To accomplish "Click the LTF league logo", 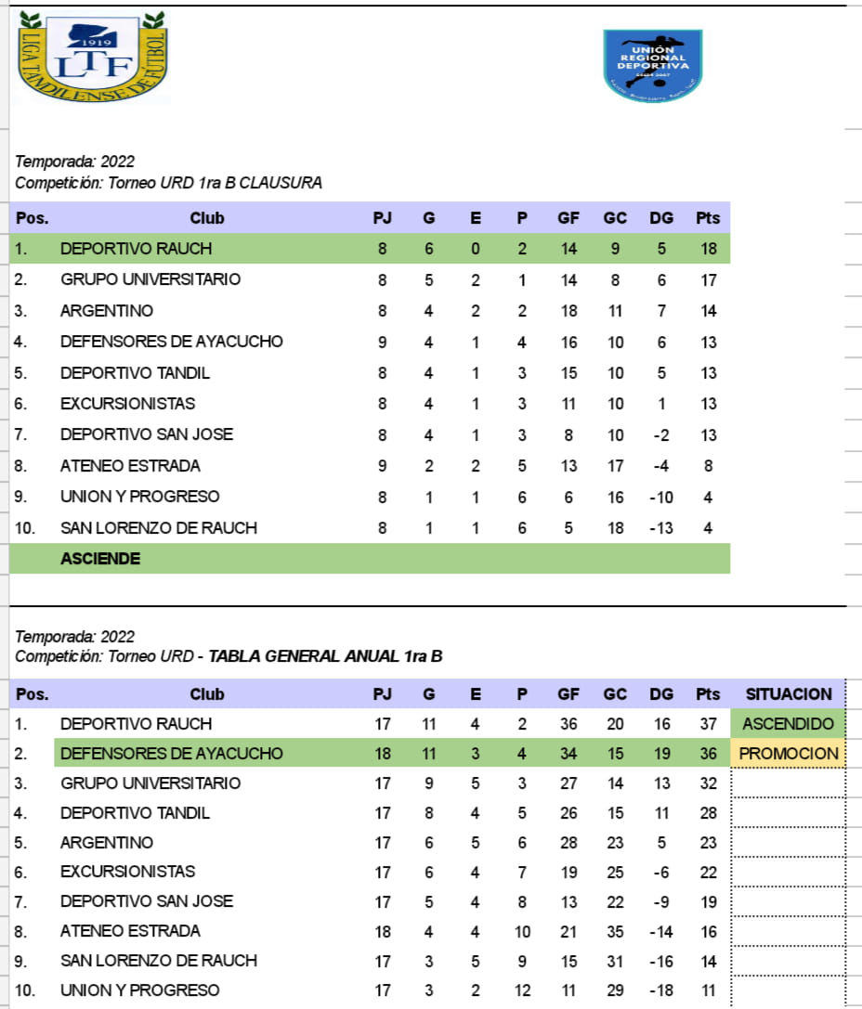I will pos(93,58).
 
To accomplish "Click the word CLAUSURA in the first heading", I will pos(281,183).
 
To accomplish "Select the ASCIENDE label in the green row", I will pos(100,558).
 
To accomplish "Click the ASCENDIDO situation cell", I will pos(789,723).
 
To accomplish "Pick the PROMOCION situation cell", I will pos(789,753).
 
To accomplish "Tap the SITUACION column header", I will pos(789,693).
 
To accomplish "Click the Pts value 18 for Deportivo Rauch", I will pos(708,248).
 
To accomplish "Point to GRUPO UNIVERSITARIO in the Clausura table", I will pos(150,279).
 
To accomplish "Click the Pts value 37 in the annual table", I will pos(708,723).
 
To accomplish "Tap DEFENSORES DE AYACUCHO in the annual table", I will pos(171,753).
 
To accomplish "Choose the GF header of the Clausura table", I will pos(568,218).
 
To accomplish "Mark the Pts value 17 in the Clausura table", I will pos(708,279).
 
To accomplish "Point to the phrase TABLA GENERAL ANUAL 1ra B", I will pos(325,656).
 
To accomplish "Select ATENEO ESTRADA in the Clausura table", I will pos(130,465).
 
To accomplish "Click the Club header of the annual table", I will pos(207,693).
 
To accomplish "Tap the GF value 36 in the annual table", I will pos(568,723).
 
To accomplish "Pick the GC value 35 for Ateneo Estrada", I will pos(615,930).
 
